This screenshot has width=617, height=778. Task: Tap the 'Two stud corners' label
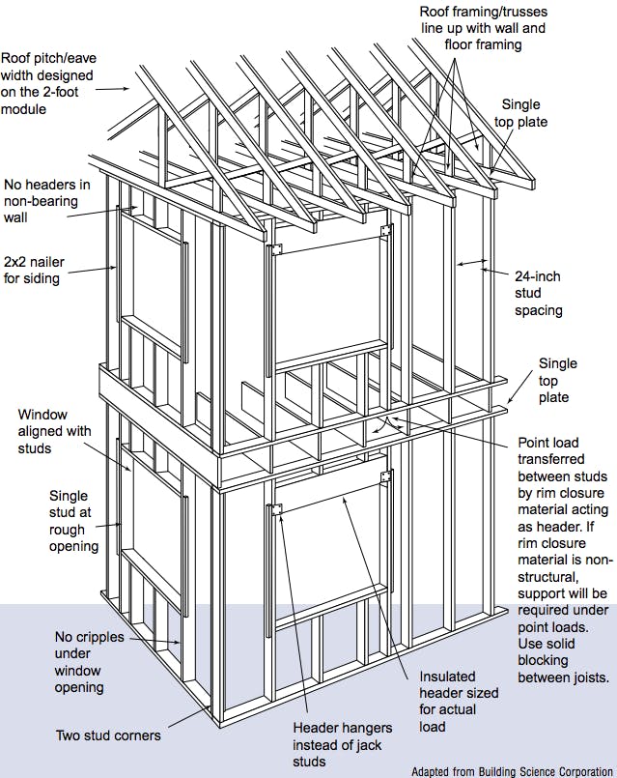coord(108,735)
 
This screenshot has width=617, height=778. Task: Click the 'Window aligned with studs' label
coord(56,432)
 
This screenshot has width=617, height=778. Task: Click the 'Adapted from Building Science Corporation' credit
coord(511,771)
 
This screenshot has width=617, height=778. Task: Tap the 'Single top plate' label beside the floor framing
coord(558,380)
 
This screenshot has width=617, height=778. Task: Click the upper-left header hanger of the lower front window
coord(274,509)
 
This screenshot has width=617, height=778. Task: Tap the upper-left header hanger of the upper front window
coord(274,249)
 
